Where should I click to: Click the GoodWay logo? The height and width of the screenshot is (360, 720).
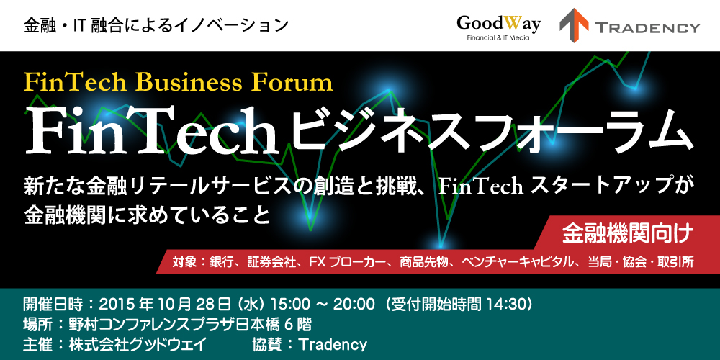(x=498, y=27)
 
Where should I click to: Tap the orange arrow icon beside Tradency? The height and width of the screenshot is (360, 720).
(x=574, y=25)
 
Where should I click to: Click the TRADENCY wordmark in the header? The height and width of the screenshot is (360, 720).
(x=648, y=27)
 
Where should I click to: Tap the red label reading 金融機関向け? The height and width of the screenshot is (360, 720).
(x=627, y=234)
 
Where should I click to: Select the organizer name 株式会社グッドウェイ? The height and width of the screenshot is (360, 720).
(x=134, y=344)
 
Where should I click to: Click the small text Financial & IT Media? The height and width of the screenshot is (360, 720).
(x=498, y=38)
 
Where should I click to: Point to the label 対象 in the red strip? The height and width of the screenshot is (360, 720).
(x=183, y=263)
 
